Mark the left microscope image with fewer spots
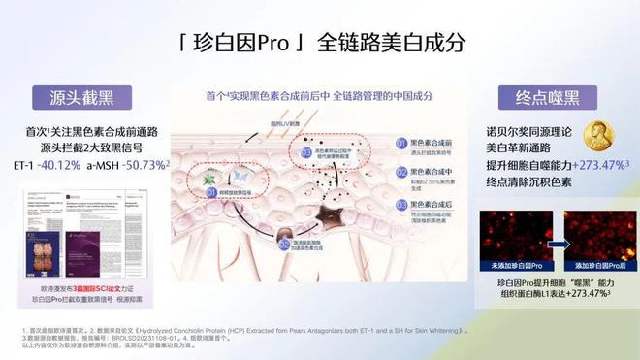click(x=515, y=225)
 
